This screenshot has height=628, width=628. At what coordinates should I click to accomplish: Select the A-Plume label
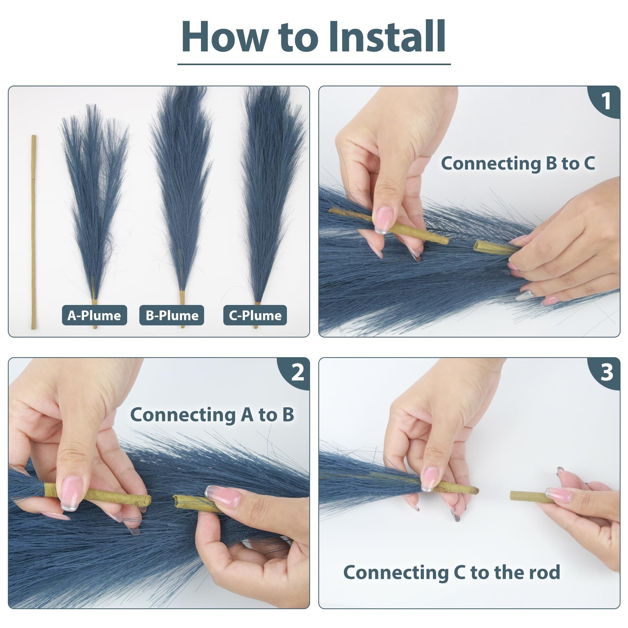pyautogui.click(x=94, y=315)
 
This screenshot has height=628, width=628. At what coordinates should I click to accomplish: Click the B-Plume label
pyautogui.click(x=172, y=315)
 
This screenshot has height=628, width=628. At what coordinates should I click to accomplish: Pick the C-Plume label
pyautogui.click(x=255, y=315)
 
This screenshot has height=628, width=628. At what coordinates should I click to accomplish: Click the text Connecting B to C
pyautogui.click(x=518, y=163)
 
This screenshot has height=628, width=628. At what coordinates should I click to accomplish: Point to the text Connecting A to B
pyautogui.click(x=212, y=414)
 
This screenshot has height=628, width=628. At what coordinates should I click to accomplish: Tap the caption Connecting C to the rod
pyautogui.click(x=452, y=572)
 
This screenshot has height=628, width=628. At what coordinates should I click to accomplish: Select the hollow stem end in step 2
pyautogui.click(x=178, y=502)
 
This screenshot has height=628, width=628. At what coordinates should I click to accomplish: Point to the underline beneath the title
pyautogui.click(x=314, y=64)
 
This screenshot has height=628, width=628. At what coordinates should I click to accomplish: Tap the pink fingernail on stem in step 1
pyautogui.click(x=383, y=220)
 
